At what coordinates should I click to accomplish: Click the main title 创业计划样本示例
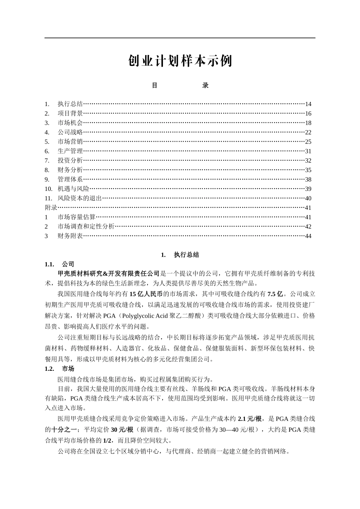coord(180,61)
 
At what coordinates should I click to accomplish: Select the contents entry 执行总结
coord(70,104)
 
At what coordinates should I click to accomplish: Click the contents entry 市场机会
coord(70,123)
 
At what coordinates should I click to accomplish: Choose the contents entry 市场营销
coord(70,142)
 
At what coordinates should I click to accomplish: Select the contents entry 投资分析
coord(70,161)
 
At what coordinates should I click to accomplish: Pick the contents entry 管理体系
coord(70,180)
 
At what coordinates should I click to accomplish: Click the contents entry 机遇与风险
coord(74,189)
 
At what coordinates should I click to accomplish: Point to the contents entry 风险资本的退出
coord(80,198)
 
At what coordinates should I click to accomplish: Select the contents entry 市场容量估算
coord(77,217)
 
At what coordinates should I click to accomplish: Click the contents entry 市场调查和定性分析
coord(86,226)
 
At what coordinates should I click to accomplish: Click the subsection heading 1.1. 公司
coord(59,264)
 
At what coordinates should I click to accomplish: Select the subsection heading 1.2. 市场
coord(59,369)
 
